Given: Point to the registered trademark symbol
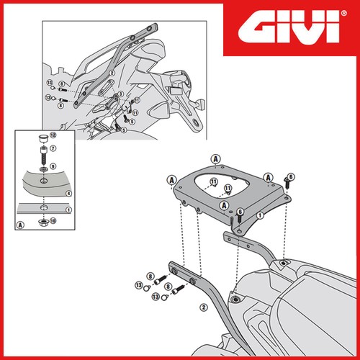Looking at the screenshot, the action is (343, 13).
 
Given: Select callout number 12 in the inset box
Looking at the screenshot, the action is (53, 135).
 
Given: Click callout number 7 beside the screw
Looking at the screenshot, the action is (53, 148).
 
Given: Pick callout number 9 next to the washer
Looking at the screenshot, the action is (53, 166).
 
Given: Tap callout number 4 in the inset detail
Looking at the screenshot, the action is (69, 193).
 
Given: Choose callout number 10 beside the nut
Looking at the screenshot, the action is (53, 220).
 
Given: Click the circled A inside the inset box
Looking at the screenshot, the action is (21, 225).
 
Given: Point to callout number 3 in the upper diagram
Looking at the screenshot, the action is (121, 94).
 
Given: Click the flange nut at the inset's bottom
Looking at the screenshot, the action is (43, 222).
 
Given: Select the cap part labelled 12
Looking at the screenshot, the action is (43, 139).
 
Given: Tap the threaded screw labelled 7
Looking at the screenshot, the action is (43, 155).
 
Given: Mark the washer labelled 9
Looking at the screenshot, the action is (43, 169).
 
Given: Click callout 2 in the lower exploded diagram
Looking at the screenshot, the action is (204, 307).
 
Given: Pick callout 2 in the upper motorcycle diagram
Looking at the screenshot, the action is (112, 73).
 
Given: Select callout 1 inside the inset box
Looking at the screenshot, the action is (69, 210).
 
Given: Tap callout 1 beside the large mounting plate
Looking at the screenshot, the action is (260, 215).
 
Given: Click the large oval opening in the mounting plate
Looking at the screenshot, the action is (222, 186).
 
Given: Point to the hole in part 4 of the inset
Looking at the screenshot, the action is (43, 181).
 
